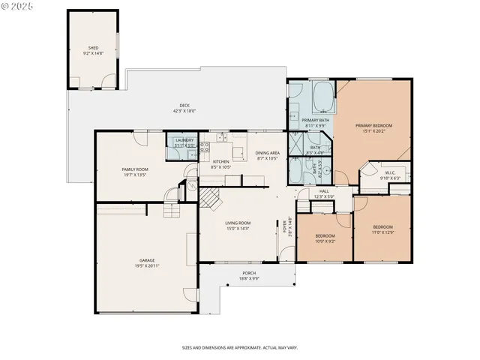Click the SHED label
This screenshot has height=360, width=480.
click(93, 48)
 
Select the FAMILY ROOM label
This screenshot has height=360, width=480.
click(135, 170)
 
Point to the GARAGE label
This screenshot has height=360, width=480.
click(145, 260)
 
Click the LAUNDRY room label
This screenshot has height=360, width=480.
click(184, 140)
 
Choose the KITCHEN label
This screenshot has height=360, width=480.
click(220, 162)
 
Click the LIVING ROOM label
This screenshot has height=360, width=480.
click(238, 223)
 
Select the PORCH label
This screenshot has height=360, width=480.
click(249, 272)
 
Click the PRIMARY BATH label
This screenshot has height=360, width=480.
click(315, 120)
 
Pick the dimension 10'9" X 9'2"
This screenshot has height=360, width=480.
click(324, 241)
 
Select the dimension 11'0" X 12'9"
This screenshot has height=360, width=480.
click(382, 232)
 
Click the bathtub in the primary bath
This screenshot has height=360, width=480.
click(324, 96)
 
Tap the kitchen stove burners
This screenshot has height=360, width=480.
click(223, 138)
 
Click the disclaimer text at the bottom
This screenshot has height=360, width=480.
click(240, 348)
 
